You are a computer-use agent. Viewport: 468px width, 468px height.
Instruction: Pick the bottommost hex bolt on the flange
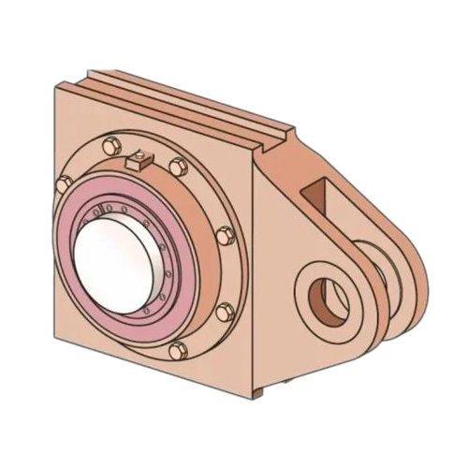(178, 352)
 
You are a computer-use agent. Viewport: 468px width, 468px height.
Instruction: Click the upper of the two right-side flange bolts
(225, 235)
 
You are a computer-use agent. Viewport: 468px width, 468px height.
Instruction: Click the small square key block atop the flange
(139, 161)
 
